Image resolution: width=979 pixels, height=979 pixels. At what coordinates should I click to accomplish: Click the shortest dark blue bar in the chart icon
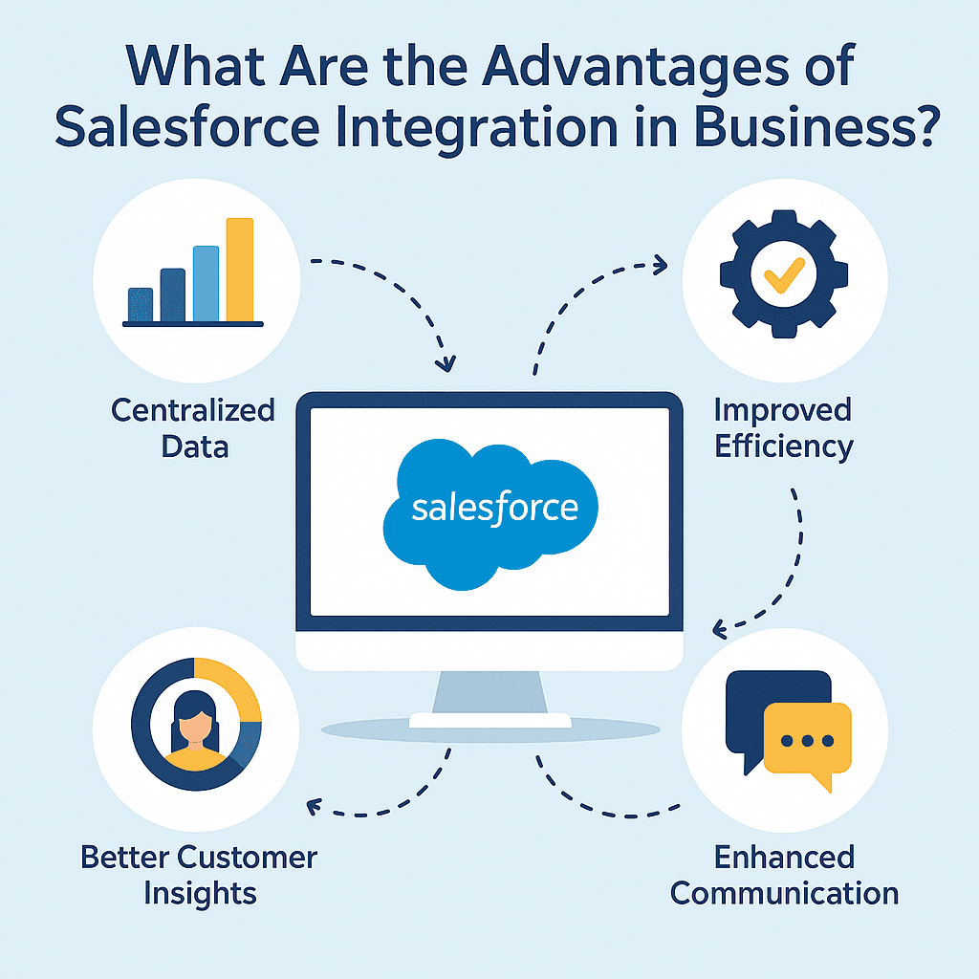coord(141,304)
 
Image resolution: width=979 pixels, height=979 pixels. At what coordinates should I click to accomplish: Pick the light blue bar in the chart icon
coord(206,283)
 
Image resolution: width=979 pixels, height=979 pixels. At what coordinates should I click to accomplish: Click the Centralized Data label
coord(193,427)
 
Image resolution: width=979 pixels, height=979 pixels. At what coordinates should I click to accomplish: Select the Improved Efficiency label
coord(783,427)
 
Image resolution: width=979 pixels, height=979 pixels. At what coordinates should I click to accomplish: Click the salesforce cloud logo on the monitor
coord(490,508)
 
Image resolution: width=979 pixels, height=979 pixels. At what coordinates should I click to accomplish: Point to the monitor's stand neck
coord(489,691)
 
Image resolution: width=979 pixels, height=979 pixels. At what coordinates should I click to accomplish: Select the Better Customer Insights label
coord(199,874)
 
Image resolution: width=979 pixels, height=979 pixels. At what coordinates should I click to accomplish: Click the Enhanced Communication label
coord(784,874)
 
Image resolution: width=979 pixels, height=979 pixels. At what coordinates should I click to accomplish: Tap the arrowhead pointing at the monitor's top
coord(446,365)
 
